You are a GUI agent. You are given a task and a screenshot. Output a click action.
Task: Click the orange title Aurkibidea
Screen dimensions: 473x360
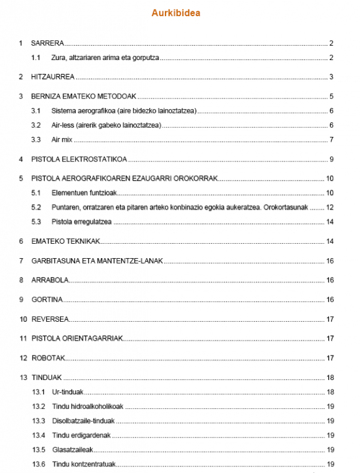pyautogui.click(x=179, y=13)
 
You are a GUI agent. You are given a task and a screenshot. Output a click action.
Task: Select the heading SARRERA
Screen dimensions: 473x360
pyautogui.click(x=47, y=43)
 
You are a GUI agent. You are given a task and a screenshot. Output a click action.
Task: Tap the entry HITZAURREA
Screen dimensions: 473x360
pyautogui.click(x=53, y=77)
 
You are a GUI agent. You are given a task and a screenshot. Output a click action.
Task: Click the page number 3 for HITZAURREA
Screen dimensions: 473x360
pyautogui.click(x=331, y=77)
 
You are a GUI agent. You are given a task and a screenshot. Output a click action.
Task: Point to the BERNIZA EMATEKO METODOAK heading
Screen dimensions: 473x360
pyautogui.click(x=84, y=97)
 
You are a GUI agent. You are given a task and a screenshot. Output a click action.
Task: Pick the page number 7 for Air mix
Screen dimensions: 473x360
pyautogui.click(x=331, y=140)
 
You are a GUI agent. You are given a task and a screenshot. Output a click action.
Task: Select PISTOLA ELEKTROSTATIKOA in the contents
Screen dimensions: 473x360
pyautogui.click(x=79, y=159)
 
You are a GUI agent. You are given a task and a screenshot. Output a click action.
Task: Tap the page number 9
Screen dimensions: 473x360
pyautogui.click(x=331, y=159)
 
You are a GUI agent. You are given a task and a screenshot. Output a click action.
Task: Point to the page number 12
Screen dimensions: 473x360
pyautogui.click(x=329, y=207)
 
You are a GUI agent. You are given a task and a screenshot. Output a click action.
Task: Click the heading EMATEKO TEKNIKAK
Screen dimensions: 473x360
pyautogui.click(x=65, y=241)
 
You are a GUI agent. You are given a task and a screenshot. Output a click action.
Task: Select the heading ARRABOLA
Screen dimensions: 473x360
pyautogui.click(x=50, y=280)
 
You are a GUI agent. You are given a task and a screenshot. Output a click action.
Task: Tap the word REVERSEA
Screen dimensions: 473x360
pyautogui.click(x=50, y=319)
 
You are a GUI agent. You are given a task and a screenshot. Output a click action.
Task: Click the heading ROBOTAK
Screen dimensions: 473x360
pyautogui.click(x=48, y=358)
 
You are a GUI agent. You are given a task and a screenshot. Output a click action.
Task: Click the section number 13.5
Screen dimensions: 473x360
pyautogui.click(x=38, y=450)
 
